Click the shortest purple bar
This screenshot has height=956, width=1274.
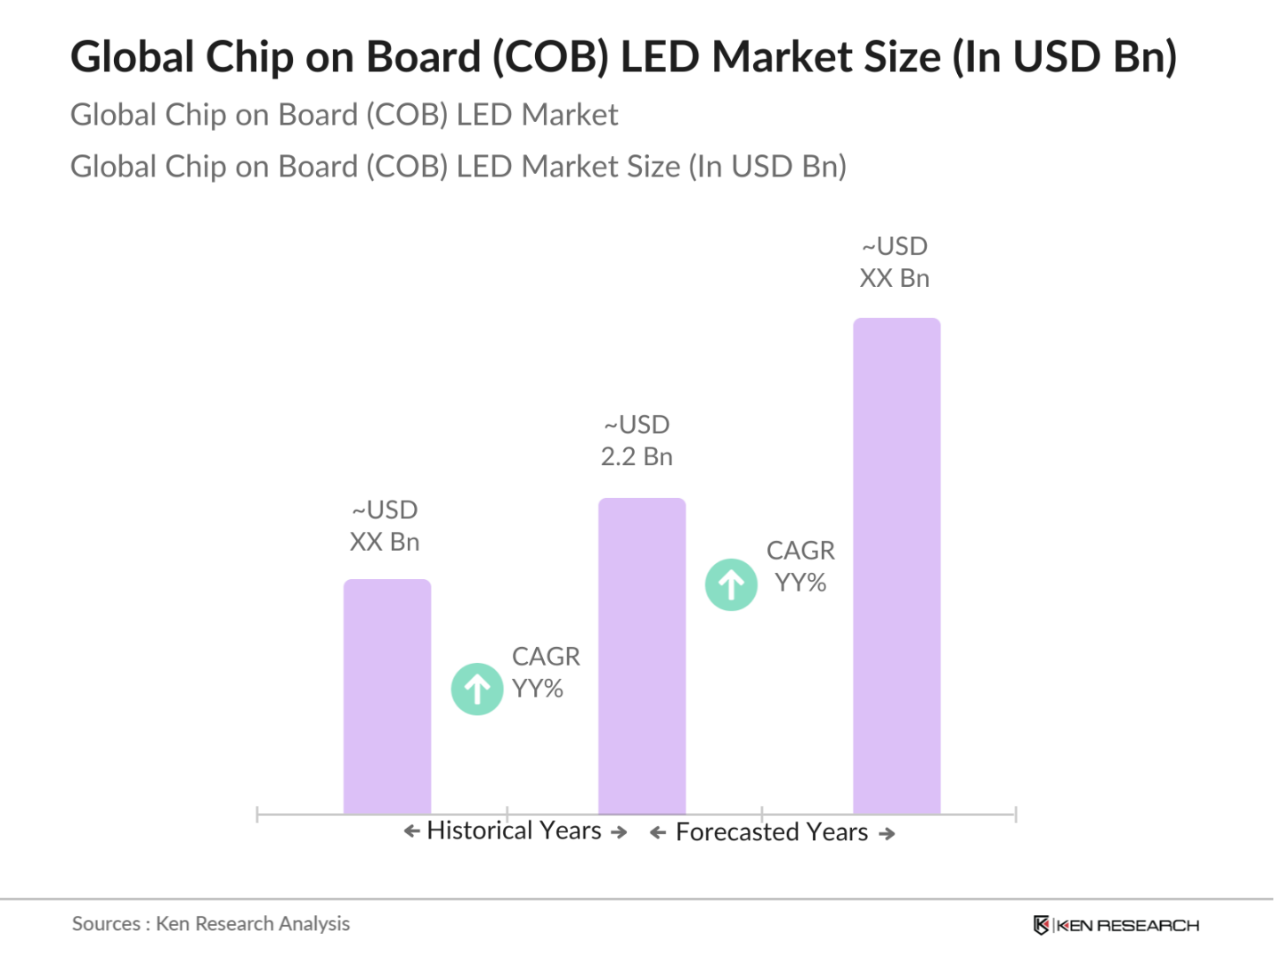[387, 697]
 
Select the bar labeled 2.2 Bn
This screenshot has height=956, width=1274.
[642, 656]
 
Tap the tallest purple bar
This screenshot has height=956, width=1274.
[897, 566]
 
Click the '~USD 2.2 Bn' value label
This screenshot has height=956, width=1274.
[637, 441]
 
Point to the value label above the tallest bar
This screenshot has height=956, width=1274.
[894, 263]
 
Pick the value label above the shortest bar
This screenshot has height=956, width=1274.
[385, 527]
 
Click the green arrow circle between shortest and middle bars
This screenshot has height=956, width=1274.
[477, 689]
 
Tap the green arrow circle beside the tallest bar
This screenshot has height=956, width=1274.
[731, 584]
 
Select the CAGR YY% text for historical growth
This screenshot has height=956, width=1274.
[544, 673]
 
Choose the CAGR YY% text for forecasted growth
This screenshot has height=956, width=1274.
[800, 567]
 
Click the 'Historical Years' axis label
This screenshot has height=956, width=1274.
[514, 831]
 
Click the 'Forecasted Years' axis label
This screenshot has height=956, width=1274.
[771, 832]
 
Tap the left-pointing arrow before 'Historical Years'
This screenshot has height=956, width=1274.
[411, 831]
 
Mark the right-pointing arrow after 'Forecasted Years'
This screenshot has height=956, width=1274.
[887, 834]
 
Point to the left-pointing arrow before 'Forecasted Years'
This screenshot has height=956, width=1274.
[658, 833]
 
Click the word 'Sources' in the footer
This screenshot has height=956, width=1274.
[106, 924]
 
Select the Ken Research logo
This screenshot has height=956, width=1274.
[1116, 926]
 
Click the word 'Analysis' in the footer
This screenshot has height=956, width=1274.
[314, 924]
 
